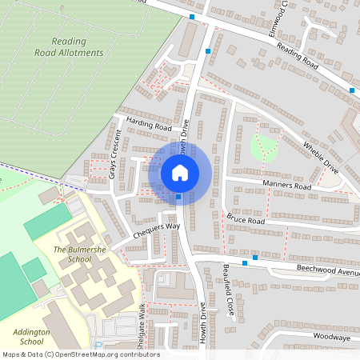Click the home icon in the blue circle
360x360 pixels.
tap(180, 172)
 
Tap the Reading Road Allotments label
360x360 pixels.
tap(69, 46)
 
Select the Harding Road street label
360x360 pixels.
tap(149, 126)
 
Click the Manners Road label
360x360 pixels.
tap(286, 186)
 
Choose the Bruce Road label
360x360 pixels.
tap(245, 220)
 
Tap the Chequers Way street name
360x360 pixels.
tap(157, 227)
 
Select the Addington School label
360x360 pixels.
tap(32, 335)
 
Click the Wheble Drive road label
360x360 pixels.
tap(320, 157)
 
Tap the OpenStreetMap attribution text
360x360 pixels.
tap(80, 354)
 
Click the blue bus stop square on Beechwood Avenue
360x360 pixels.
tap(255, 258)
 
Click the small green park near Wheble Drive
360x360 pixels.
tap(263, 146)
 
